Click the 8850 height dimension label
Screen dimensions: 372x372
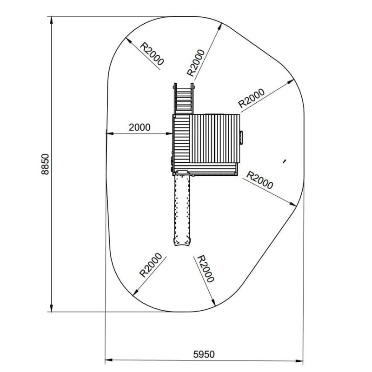coord(45,164)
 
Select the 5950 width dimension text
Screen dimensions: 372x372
coord(204,354)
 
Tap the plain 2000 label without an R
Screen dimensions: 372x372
coord(139,127)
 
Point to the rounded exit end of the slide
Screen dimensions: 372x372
coord(182,241)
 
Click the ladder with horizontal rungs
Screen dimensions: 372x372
coord(184,99)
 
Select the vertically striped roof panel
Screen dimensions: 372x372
coord(214,139)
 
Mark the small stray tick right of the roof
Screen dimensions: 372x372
coord(284,161)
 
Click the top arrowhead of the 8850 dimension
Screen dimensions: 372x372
coord(51,20)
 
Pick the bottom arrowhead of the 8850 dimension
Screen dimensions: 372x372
coord(51,308)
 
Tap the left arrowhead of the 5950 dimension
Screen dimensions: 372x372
coord(109,360)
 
